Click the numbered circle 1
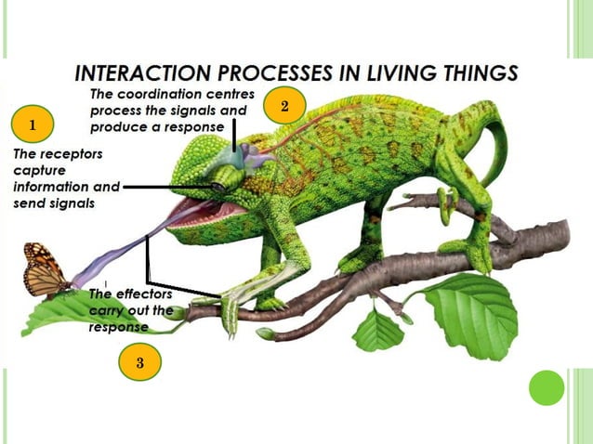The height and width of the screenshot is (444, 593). [x=33, y=123]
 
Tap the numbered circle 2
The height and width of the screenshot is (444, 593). [x=284, y=107]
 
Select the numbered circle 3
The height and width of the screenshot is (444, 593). [x=139, y=362]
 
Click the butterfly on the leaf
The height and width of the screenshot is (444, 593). [x=45, y=269]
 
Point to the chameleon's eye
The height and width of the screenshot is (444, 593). [x=217, y=187]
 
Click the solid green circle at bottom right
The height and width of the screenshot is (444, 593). [x=547, y=387]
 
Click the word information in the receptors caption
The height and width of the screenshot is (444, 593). [x=53, y=187]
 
